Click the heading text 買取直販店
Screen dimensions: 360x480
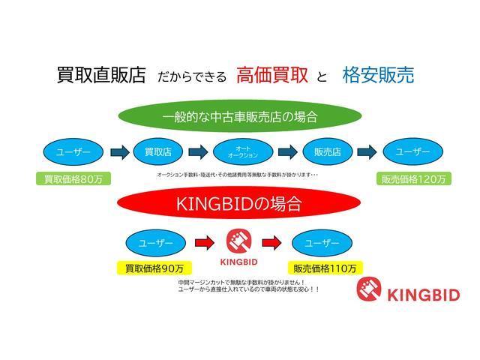[x=100, y=75]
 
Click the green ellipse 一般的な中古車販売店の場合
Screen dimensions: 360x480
[x=240, y=116]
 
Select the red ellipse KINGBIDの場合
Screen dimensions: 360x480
[x=240, y=203]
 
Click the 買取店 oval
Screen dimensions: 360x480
[x=158, y=152]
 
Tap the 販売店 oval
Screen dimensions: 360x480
[x=327, y=152]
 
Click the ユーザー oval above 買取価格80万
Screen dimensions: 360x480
[x=73, y=152]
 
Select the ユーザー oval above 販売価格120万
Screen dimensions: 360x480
[x=412, y=152]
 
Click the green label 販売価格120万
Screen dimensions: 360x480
[x=413, y=179]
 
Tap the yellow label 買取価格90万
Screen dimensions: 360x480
[x=154, y=268]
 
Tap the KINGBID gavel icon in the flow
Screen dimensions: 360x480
[x=240, y=241]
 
